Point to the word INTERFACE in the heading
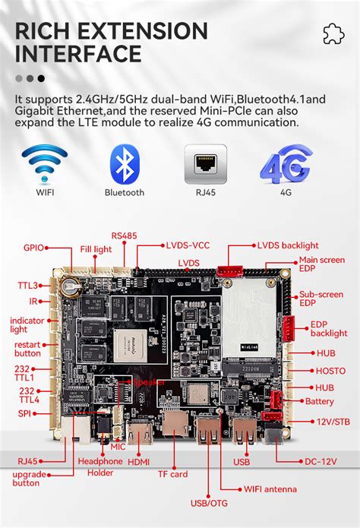(x=79, y=54)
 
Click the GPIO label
(x=33, y=247)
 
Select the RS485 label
(x=125, y=236)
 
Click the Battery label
(x=319, y=401)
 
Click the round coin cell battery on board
(x=71, y=287)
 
